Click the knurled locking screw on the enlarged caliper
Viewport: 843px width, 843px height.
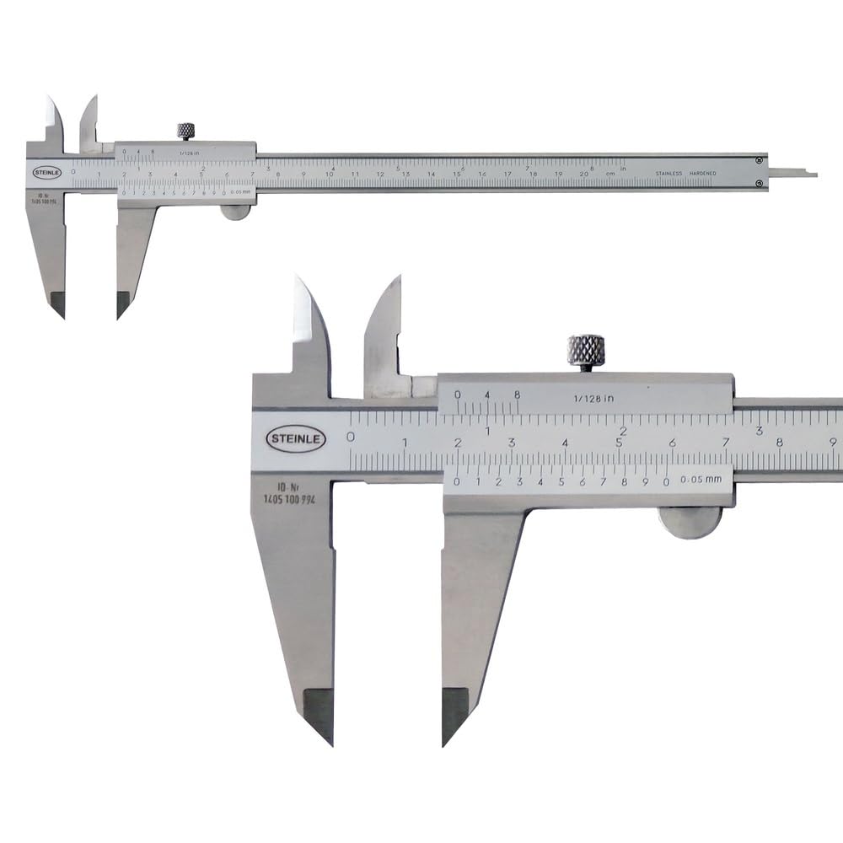(586, 349)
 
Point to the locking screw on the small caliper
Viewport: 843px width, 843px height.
(185, 131)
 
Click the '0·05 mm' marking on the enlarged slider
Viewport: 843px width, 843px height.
(701, 481)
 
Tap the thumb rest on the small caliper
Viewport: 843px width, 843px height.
(235, 212)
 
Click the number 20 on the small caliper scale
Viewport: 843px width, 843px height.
(584, 174)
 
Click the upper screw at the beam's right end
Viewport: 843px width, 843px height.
(760, 160)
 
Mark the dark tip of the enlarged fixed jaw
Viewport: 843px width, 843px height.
(319, 712)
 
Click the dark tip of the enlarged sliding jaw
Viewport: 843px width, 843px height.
(454, 712)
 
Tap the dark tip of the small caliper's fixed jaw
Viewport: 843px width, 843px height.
(57, 303)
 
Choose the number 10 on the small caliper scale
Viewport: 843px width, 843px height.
(329, 175)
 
